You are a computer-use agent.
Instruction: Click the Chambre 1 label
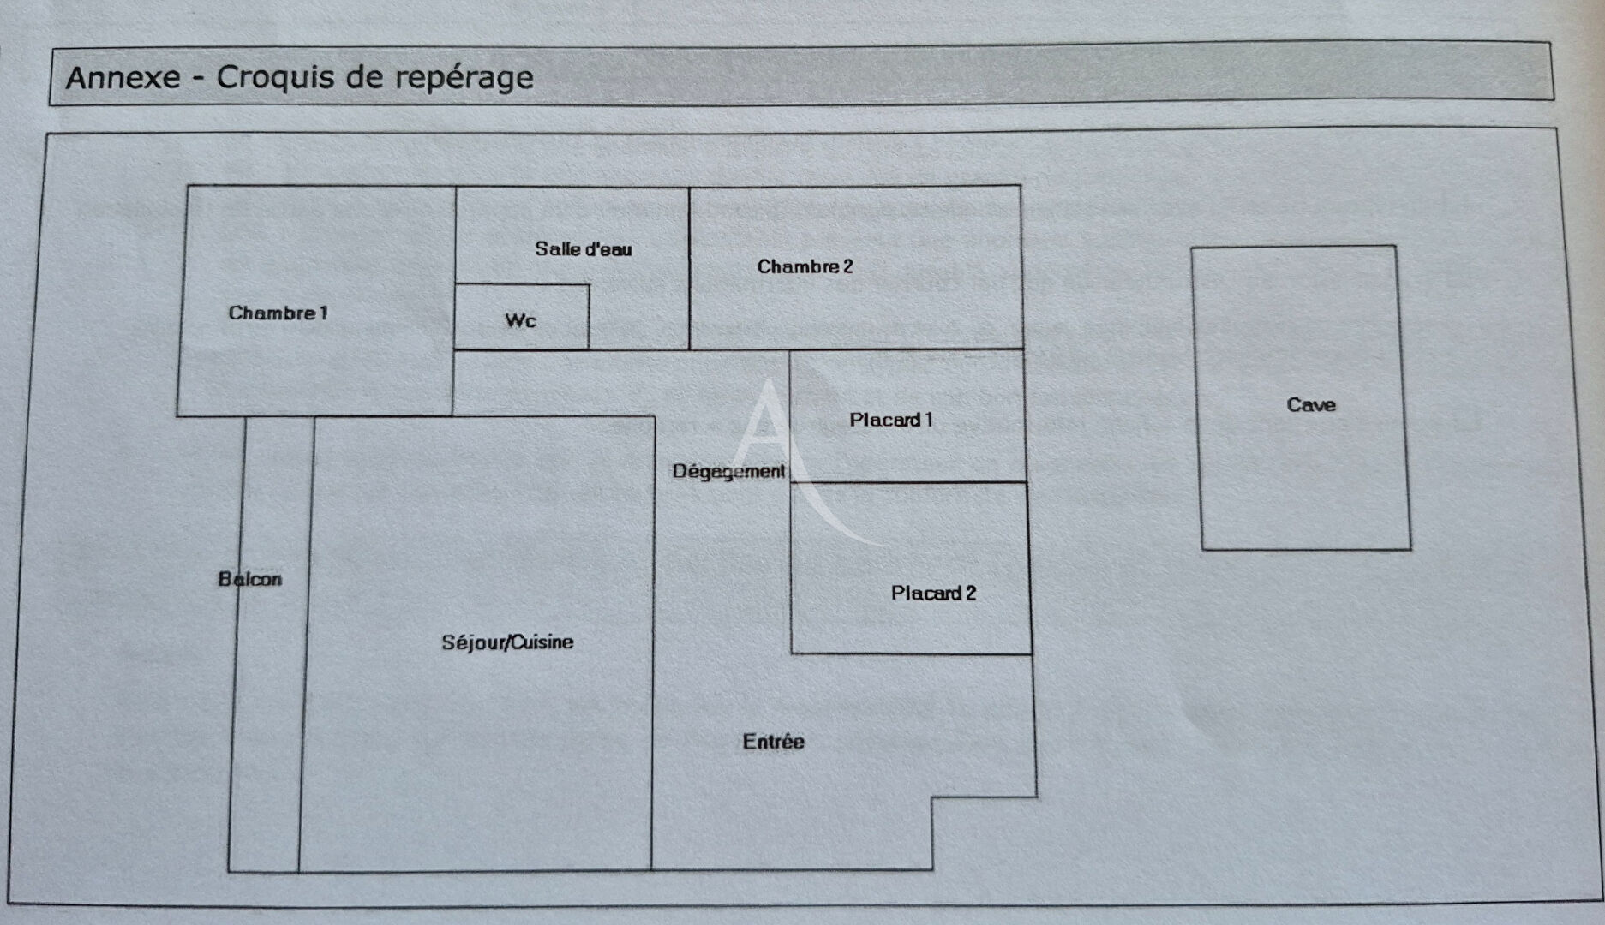point(278,313)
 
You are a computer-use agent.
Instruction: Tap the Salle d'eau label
point(583,249)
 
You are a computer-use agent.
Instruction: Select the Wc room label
point(520,321)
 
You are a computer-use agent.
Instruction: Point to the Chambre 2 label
point(805,267)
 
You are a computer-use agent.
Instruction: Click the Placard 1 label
point(890,420)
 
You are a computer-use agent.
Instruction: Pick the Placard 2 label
point(933,594)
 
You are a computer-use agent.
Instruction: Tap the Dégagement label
point(728,472)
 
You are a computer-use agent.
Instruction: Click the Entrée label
point(773,742)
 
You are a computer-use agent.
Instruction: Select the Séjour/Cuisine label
point(507,642)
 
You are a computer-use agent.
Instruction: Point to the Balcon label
point(249,580)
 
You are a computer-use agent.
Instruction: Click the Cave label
point(1310,405)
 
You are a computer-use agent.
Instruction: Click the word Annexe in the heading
point(123,78)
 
